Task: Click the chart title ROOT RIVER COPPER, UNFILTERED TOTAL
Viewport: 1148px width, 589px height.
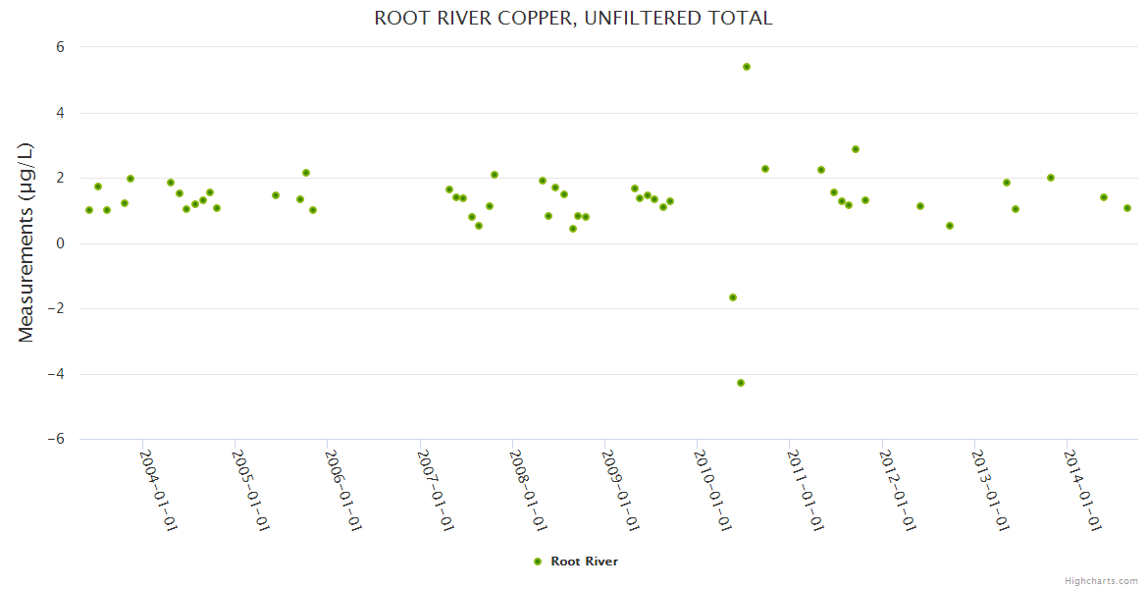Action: [573, 18]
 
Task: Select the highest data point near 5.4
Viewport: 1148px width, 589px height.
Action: [747, 67]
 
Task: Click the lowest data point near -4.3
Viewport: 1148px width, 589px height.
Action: [741, 383]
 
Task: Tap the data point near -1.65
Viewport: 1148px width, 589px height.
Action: [733, 297]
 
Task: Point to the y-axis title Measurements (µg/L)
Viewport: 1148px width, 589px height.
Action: [26, 242]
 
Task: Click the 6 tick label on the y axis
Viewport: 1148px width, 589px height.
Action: [59, 47]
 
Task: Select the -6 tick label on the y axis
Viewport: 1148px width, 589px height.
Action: [55, 439]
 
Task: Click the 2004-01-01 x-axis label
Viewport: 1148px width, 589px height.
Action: [158, 490]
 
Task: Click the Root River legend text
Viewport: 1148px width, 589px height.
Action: [585, 562]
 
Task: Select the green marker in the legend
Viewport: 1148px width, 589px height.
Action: [537, 562]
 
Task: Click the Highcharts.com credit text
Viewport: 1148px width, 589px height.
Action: [1101, 580]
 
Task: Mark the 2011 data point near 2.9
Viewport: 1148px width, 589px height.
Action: [856, 149]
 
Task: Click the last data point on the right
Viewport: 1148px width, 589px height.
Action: [1127, 208]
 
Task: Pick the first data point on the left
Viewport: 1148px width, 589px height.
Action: [89, 210]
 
